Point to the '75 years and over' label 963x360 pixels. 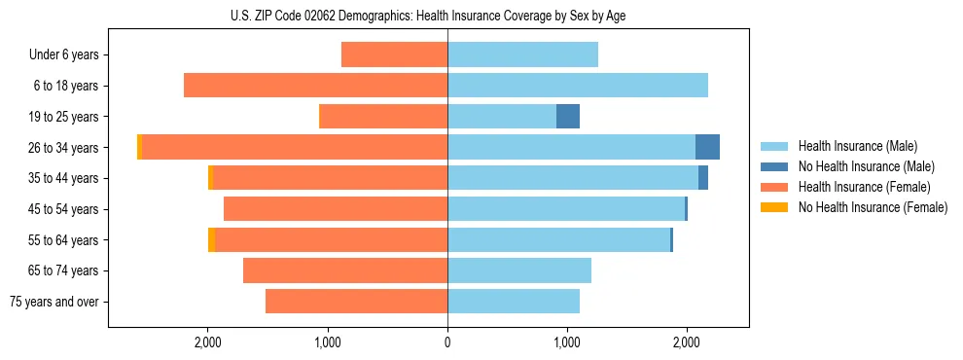click(x=54, y=302)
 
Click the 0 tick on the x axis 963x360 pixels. click(x=447, y=342)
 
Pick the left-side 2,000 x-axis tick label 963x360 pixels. click(x=208, y=342)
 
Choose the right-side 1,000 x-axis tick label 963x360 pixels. click(x=567, y=342)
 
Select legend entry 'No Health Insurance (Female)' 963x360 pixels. click(x=873, y=207)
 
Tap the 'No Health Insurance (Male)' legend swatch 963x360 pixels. click(x=776, y=166)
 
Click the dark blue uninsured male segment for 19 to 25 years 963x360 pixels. click(x=568, y=117)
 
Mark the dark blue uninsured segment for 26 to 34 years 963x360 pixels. click(x=707, y=148)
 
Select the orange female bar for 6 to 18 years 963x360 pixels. click(x=315, y=86)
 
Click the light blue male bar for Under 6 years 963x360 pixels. click(x=522, y=55)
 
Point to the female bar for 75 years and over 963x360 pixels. click(x=356, y=302)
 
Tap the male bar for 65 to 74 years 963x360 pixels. click(x=519, y=270)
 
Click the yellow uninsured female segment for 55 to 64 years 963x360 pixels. click(x=211, y=240)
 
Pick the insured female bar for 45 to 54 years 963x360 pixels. click(x=336, y=209)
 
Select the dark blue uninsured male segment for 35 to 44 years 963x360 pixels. click(x=703, y=178)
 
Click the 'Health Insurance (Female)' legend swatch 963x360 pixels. click(x=776, y=187)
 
